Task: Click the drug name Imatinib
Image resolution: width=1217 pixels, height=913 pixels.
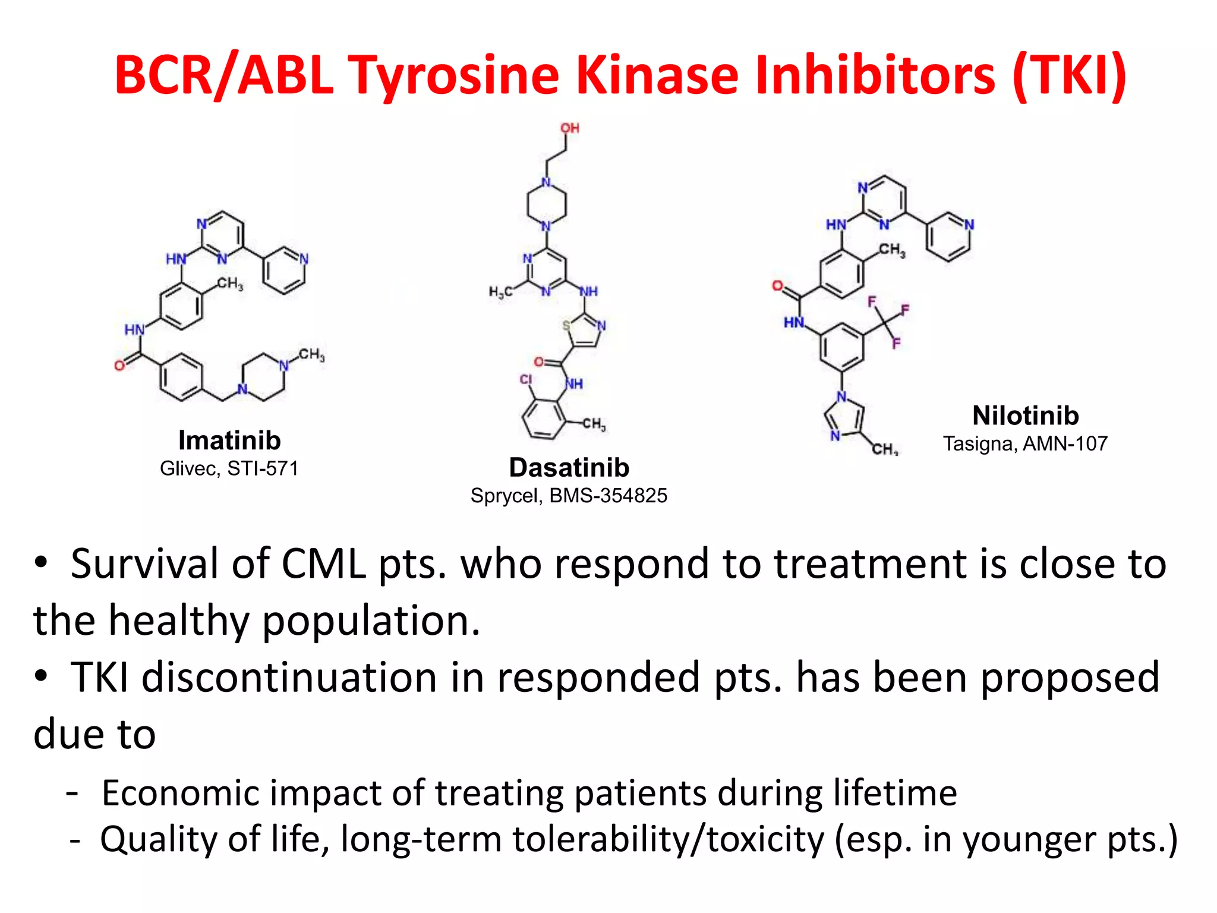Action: pos(229,440)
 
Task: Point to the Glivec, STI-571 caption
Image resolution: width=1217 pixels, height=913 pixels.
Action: pos(229,468)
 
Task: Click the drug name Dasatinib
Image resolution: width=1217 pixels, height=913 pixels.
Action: pos(569,468)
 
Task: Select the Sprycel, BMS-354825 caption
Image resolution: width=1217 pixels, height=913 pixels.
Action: pos(569,495)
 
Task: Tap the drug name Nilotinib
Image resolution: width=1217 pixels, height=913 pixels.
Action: pos(1025,415)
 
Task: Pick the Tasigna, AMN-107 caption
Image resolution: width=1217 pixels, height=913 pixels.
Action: pos(1025,443)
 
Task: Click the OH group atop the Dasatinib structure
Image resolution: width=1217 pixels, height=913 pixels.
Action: pos(570,128)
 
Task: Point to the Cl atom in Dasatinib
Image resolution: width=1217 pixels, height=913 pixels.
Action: pos(526,379)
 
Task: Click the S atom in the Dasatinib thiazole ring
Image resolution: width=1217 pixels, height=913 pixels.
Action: pos(566,325)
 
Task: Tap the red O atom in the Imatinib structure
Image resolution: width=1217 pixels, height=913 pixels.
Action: pos(119,366)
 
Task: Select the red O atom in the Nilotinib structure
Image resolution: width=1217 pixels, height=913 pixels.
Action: pos(777,286)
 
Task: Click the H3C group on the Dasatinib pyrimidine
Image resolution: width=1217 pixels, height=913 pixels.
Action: pos(500,292)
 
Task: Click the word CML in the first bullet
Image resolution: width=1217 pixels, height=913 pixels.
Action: pos(323,563)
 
